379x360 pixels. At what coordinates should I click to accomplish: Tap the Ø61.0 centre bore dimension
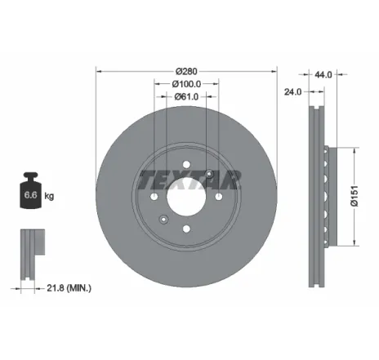click(187, 96)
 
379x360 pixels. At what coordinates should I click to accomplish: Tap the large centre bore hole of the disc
click(186, 196)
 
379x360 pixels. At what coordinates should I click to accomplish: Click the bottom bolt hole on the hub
click(186, 229)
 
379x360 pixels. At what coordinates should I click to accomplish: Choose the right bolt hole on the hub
click(220, 196)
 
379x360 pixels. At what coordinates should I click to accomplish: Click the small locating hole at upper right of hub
click(210, 172)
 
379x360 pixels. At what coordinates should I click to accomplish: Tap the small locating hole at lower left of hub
click(163, 219)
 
